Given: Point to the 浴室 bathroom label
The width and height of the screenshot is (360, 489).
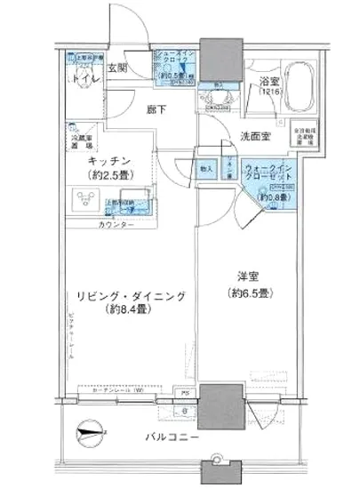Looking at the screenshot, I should pos(269,85).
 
